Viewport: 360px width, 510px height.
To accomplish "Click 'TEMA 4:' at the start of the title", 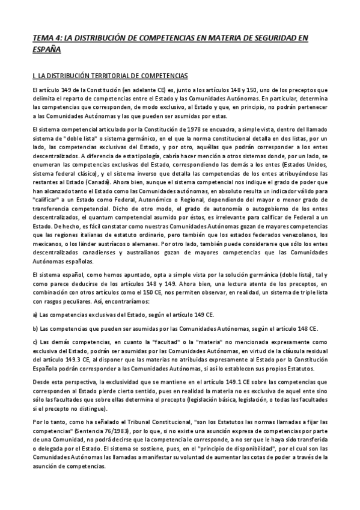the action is [x=47, y=37].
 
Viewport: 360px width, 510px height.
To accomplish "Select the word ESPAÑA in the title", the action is [x=46, y=51].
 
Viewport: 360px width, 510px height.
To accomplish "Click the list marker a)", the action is [x=35, y=314].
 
